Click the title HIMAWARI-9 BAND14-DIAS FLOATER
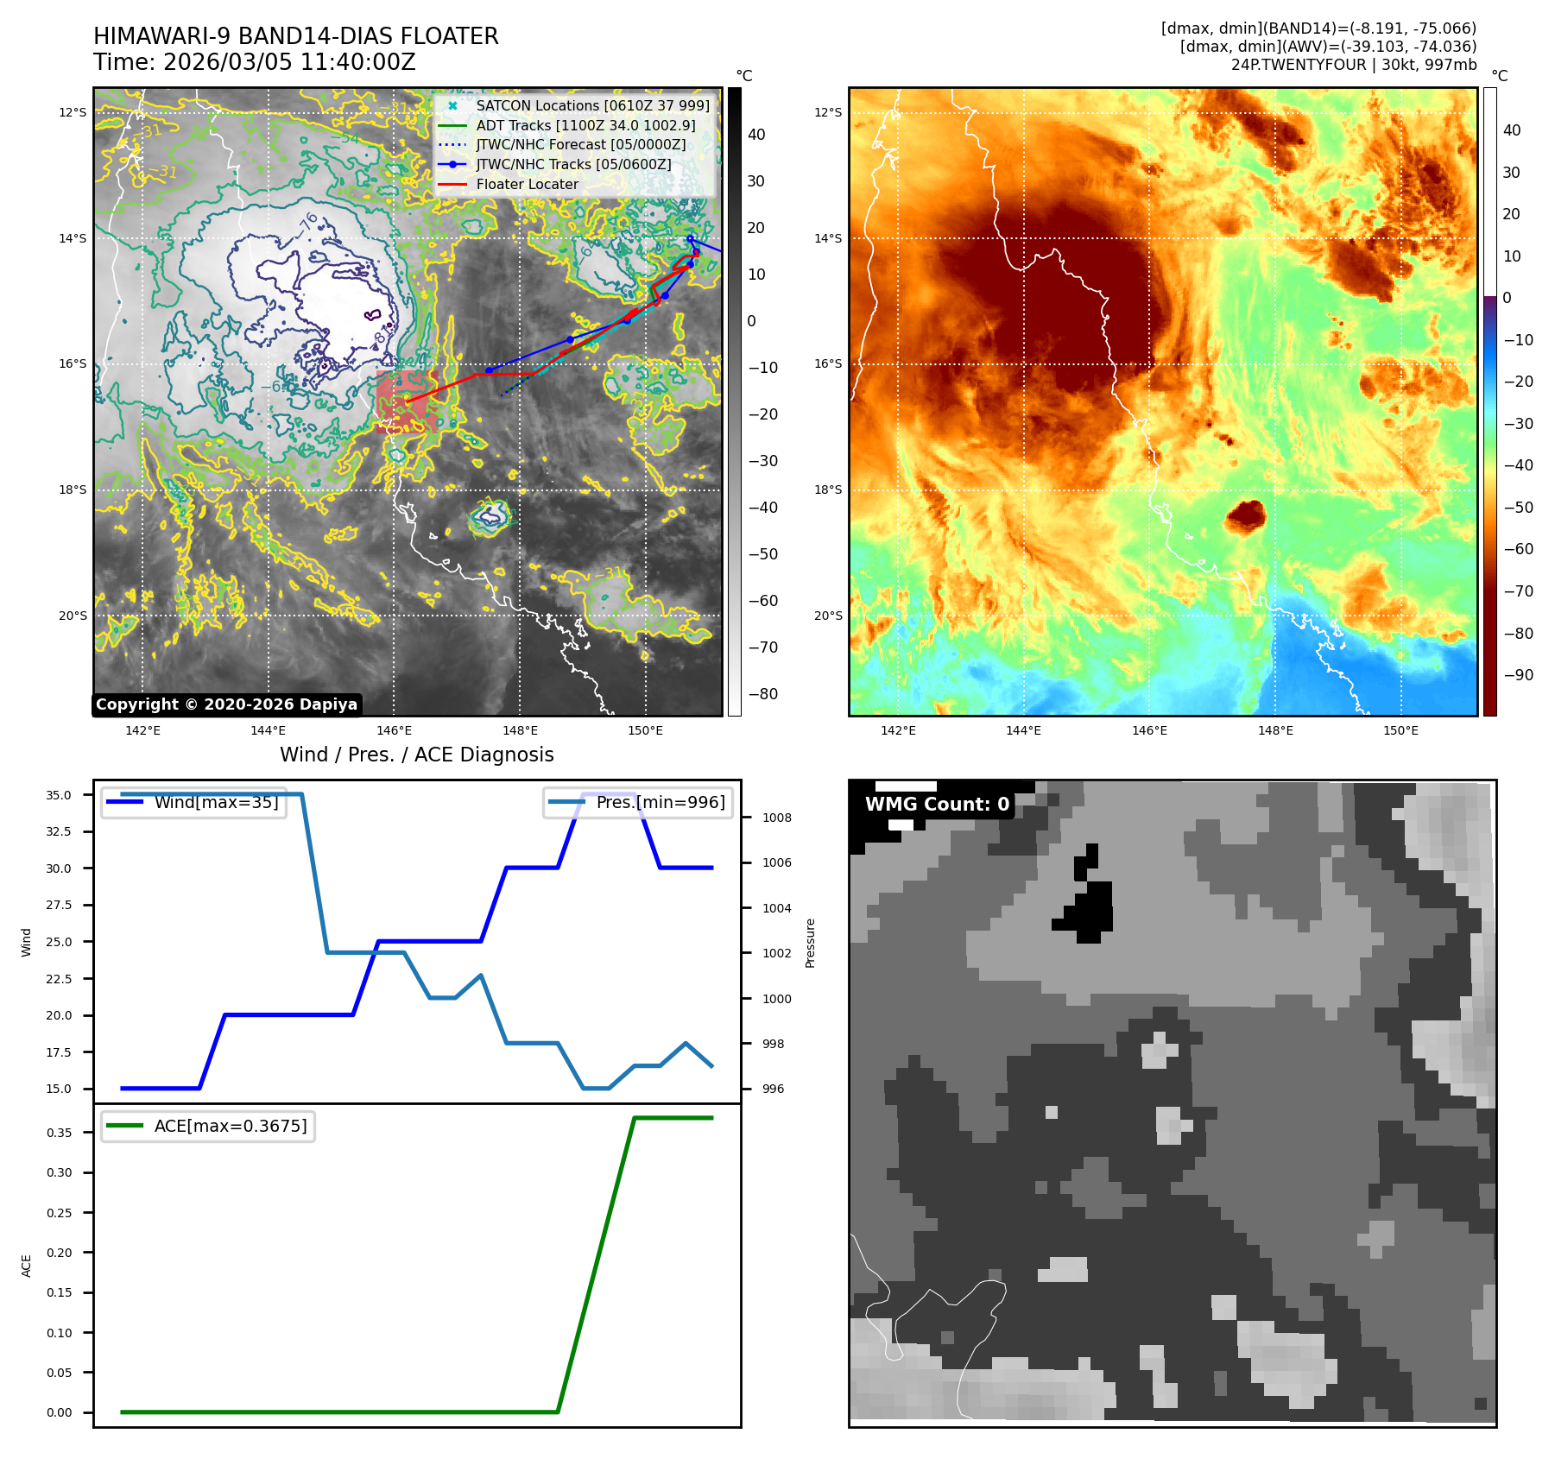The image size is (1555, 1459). pos(295,36)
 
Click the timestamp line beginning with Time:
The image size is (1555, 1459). pos(255,62)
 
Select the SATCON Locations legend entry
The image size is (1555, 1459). pos(592,105)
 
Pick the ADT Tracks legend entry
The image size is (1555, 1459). pos(585,125)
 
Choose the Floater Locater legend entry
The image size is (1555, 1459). pos(527,184)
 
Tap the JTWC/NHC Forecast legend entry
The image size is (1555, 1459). pos(580,144)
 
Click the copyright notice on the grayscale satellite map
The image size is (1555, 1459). pos(226,704)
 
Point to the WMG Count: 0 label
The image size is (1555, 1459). pos(937,805)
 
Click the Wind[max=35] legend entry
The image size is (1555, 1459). pos(216,802)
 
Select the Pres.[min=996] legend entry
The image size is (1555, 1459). pos(661,802)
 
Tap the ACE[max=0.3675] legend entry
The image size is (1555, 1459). pos(230,1126)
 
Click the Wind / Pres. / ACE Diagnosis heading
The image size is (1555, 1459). pos(416,755)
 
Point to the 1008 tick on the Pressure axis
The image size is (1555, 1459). pos(776,818)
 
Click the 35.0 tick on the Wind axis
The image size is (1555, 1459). pos(59,795)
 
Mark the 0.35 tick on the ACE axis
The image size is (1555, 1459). pos(59,1133)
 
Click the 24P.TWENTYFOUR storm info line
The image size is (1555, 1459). pos(1353,65)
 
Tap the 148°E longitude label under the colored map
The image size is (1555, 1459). pos(1275,730)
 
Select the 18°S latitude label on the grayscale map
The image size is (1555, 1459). pos(73,489)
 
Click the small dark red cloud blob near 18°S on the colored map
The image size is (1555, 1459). pos(1245,515)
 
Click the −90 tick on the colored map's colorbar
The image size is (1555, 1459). pos(1518,675)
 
